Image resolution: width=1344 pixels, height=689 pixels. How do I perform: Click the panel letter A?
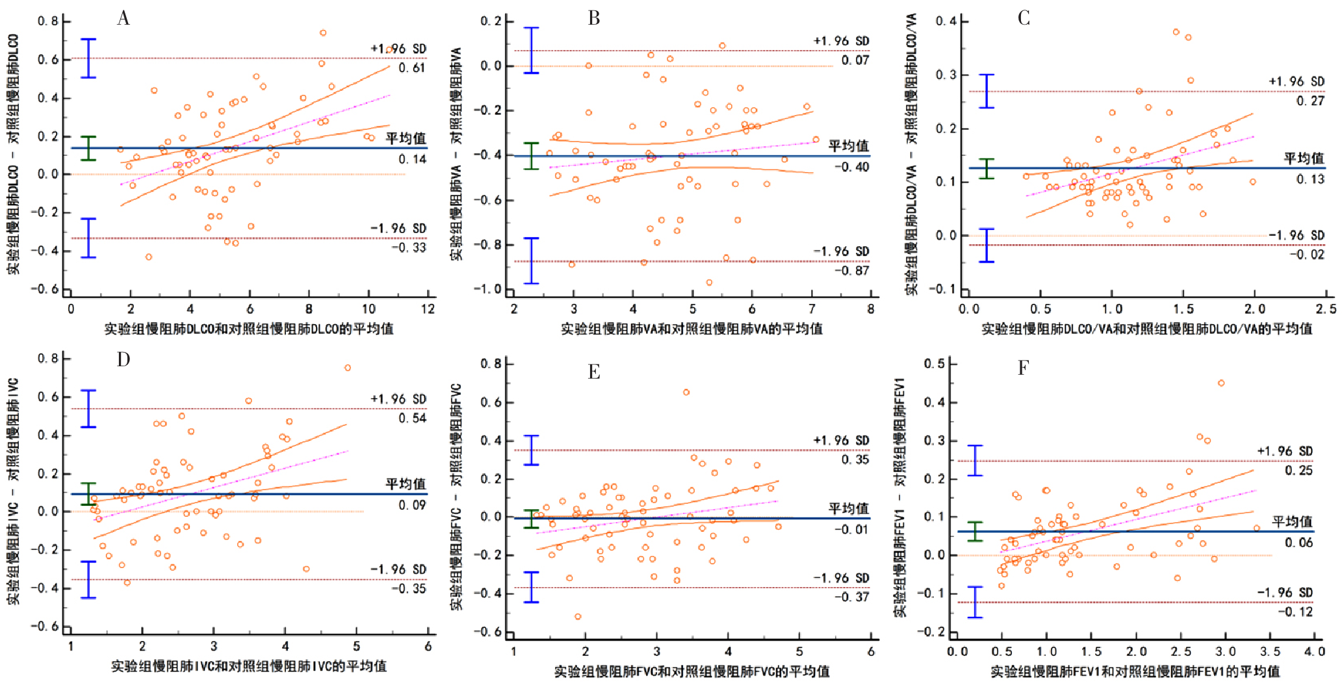point(123,18)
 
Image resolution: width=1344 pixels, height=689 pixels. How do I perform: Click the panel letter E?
point(593,371)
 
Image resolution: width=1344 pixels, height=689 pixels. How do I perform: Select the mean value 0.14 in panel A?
point(412,159)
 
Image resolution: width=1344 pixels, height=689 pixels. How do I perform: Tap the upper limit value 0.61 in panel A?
point(412,68)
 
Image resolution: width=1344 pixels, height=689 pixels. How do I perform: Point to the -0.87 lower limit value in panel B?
point(852,271)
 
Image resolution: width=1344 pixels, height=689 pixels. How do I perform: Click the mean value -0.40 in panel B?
point(852,167)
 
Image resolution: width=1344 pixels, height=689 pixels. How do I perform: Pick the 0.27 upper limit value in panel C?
point(1310,101)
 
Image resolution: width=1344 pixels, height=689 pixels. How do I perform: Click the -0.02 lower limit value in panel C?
point(1307,255)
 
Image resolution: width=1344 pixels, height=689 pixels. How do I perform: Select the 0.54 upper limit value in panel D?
point(412,418)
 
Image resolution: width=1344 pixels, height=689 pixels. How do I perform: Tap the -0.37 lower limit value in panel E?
point(852,597)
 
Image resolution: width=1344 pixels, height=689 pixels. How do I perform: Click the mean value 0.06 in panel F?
point(1298,543)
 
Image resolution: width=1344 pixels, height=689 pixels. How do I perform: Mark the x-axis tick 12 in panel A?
point(428,309)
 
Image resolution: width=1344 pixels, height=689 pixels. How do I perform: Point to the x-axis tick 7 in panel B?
point(812,309)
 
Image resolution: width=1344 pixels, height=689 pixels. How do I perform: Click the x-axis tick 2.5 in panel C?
point(1326,309)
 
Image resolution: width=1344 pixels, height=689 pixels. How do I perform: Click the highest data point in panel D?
point(348,368)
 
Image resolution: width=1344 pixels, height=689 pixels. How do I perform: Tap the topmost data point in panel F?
point(1221,383)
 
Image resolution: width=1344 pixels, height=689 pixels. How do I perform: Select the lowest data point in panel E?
point(578,616)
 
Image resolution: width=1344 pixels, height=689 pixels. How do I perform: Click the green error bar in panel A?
point(88,148)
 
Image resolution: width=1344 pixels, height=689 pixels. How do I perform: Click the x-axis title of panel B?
point(691,329)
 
